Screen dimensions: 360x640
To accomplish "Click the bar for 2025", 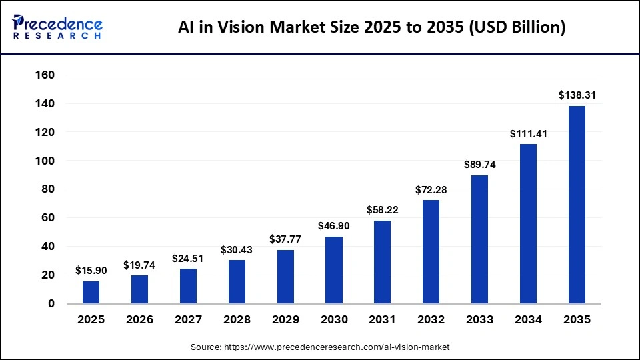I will coord(91,292).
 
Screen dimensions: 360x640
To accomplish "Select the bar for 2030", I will coord(334,270).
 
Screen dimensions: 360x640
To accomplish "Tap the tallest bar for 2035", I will coord(577,205).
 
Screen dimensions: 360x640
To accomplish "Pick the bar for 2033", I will coord(479,239).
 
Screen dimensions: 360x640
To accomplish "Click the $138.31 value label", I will coord(577,95).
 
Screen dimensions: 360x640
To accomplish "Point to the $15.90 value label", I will coord(91,271).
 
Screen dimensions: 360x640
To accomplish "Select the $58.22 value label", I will coord(383,210).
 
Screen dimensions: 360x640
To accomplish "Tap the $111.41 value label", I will coord(528,133).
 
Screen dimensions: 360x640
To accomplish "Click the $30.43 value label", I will coord(237,249).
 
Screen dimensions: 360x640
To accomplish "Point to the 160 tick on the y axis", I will coord(44,75).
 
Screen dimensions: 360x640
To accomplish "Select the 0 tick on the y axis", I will coord(51,304).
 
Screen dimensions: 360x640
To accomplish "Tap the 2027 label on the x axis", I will coord(188,320).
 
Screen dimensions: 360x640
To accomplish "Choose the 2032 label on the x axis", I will coord(431,320).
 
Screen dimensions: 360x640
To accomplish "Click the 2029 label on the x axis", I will coord(285,320).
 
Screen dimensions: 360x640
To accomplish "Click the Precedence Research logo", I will coord(57,27).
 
